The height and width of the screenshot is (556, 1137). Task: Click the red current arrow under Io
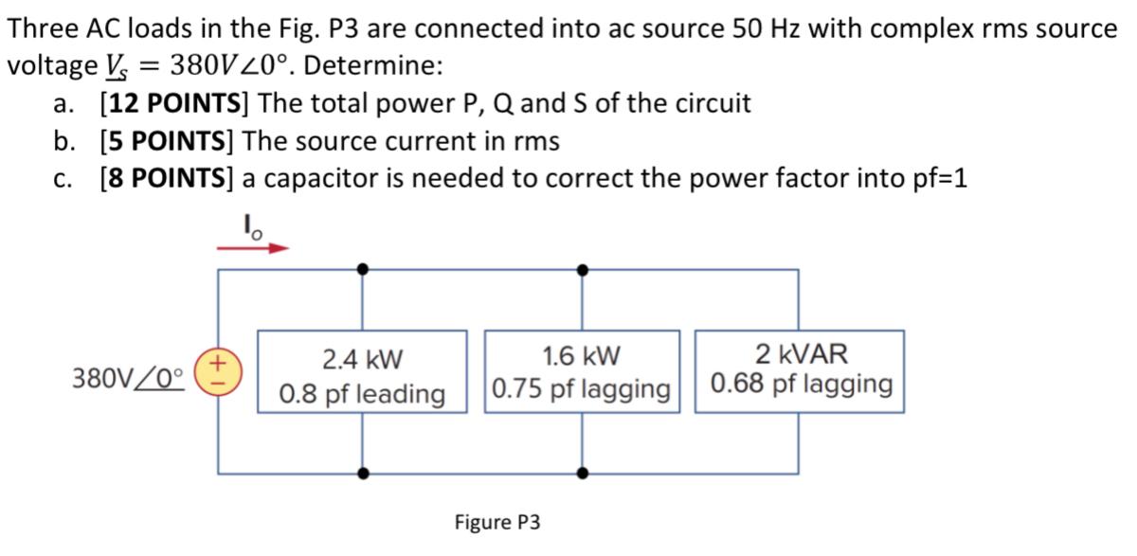253,249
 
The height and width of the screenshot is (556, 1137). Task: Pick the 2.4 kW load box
363,370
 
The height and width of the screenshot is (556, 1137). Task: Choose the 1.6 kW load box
582,370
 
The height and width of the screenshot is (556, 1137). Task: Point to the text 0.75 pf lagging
582,389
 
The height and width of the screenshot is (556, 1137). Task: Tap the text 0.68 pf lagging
802,385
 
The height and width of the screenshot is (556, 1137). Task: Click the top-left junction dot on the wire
363,270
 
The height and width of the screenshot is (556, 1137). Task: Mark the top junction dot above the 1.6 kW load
582,270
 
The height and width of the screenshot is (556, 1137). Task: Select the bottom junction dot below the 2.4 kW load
363,471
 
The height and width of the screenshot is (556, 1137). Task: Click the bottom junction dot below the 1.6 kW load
582,471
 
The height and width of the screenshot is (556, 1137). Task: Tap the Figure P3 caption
497,522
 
